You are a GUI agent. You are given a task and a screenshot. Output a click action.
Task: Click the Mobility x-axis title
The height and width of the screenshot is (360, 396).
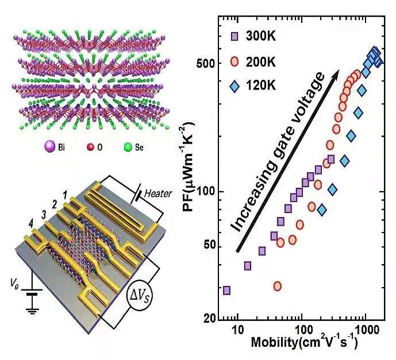pyautogui.click(x=305, y=345)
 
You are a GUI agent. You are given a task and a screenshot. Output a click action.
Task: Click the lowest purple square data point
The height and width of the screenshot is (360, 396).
pyautogui.click(x=226, y=291)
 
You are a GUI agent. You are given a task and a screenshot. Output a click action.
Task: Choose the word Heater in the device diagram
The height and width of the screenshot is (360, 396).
pyautogui.click(x=157, y=193)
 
